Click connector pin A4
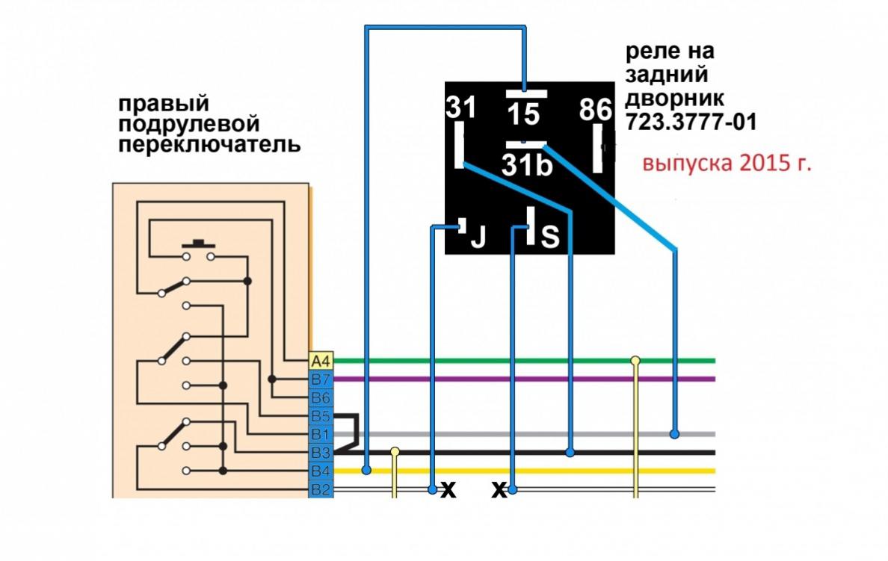coord(320,360)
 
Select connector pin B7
coord(320,379)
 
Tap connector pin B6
coord(320,397)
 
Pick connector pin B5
coord(320,415)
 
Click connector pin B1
coord(320,434)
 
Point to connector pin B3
coord(320,453)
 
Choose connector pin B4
coord(320,471)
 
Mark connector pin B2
coord(320,490)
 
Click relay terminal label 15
coord(525,114)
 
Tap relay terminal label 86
coord(596,111)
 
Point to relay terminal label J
coord(477,238)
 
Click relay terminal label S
coord(549,238)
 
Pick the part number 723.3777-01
coord(691,121)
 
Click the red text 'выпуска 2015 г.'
coord(727,164)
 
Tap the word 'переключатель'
coord(210,144)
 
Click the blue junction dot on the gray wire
coord(674,433)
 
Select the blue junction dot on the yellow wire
coord(366,471)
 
